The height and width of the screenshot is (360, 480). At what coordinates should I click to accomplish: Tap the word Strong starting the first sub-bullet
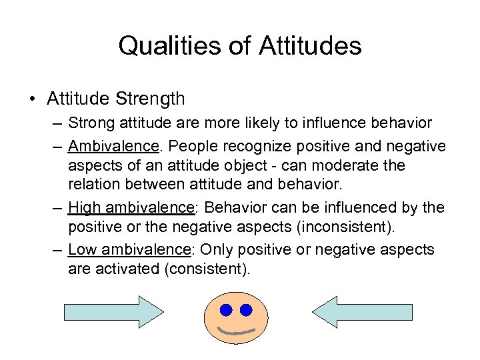pyautogui.click(x=89, y=123)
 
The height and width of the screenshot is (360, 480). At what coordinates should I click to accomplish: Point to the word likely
pyautogui.click(x=246, y=123)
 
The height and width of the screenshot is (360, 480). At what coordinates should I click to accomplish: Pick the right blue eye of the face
pyautogui.click(x=246, y=309)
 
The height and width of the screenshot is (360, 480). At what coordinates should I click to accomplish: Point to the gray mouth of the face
pyautogui.click(x=237, y=331)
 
